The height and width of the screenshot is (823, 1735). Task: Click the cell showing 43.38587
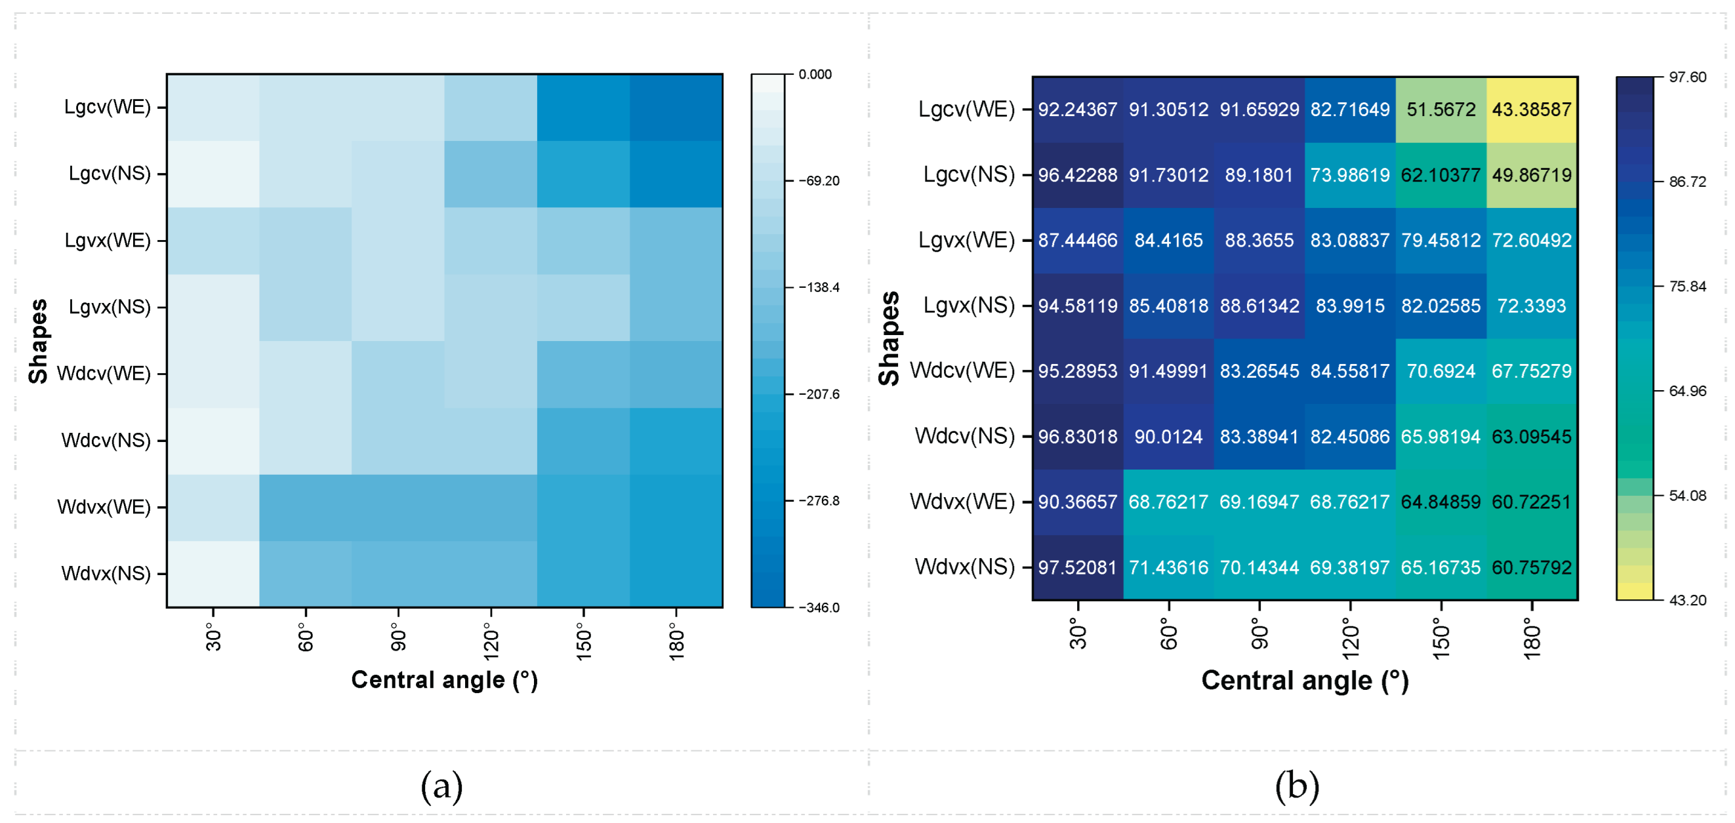pos(1531,110)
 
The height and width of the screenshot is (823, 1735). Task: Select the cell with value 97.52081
pos(1077,568)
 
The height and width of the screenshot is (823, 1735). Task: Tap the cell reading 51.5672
pos(1440,110)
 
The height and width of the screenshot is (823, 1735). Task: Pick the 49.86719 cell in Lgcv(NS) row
pos(1531,175)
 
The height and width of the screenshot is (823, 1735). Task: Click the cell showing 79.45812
pos(1440,241)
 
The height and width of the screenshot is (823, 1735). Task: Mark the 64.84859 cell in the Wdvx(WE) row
pos(1440,502)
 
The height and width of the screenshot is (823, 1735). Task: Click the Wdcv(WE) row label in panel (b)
pos(962,371)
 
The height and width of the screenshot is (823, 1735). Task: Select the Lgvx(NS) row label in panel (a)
pos(110,307)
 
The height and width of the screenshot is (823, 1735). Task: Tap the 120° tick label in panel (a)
pos(491,641)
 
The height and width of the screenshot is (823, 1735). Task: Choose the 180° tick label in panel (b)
pos(1532,641)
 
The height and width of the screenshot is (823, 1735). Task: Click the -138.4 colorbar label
pos(819,288)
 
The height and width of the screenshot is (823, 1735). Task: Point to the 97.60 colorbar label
pos(1687,77)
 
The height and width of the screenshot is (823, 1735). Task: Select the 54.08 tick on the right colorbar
pos(1687,496)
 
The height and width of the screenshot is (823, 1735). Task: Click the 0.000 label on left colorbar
pos(815,74)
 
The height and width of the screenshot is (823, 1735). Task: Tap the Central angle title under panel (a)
pos(445,680)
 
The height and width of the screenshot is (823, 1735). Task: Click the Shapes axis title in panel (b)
pos(889,339)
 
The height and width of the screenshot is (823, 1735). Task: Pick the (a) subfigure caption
pos(442,786)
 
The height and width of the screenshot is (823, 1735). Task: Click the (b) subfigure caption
pos(1297,786)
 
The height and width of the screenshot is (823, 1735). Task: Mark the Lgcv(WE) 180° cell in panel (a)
pos(676,108)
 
